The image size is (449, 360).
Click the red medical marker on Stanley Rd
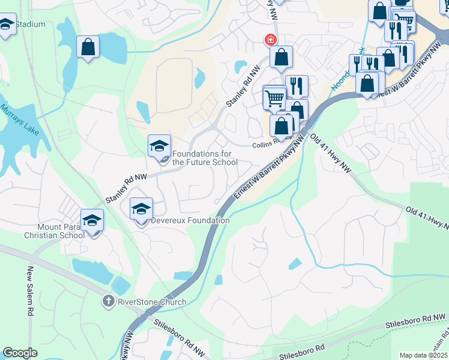point(270,40)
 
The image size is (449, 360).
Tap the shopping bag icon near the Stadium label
point(88,47)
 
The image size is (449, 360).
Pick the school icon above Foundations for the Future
point(159,146)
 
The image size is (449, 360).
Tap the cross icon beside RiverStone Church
point(108,301)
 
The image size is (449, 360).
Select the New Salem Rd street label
point(29,292)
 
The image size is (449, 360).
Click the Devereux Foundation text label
point(190,220)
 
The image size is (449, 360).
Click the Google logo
point(20,353)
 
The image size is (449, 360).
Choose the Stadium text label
point(30,25)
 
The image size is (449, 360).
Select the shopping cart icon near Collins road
point(275,98)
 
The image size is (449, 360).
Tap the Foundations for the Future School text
point(205,158)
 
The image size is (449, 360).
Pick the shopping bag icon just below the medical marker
point(280,58)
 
